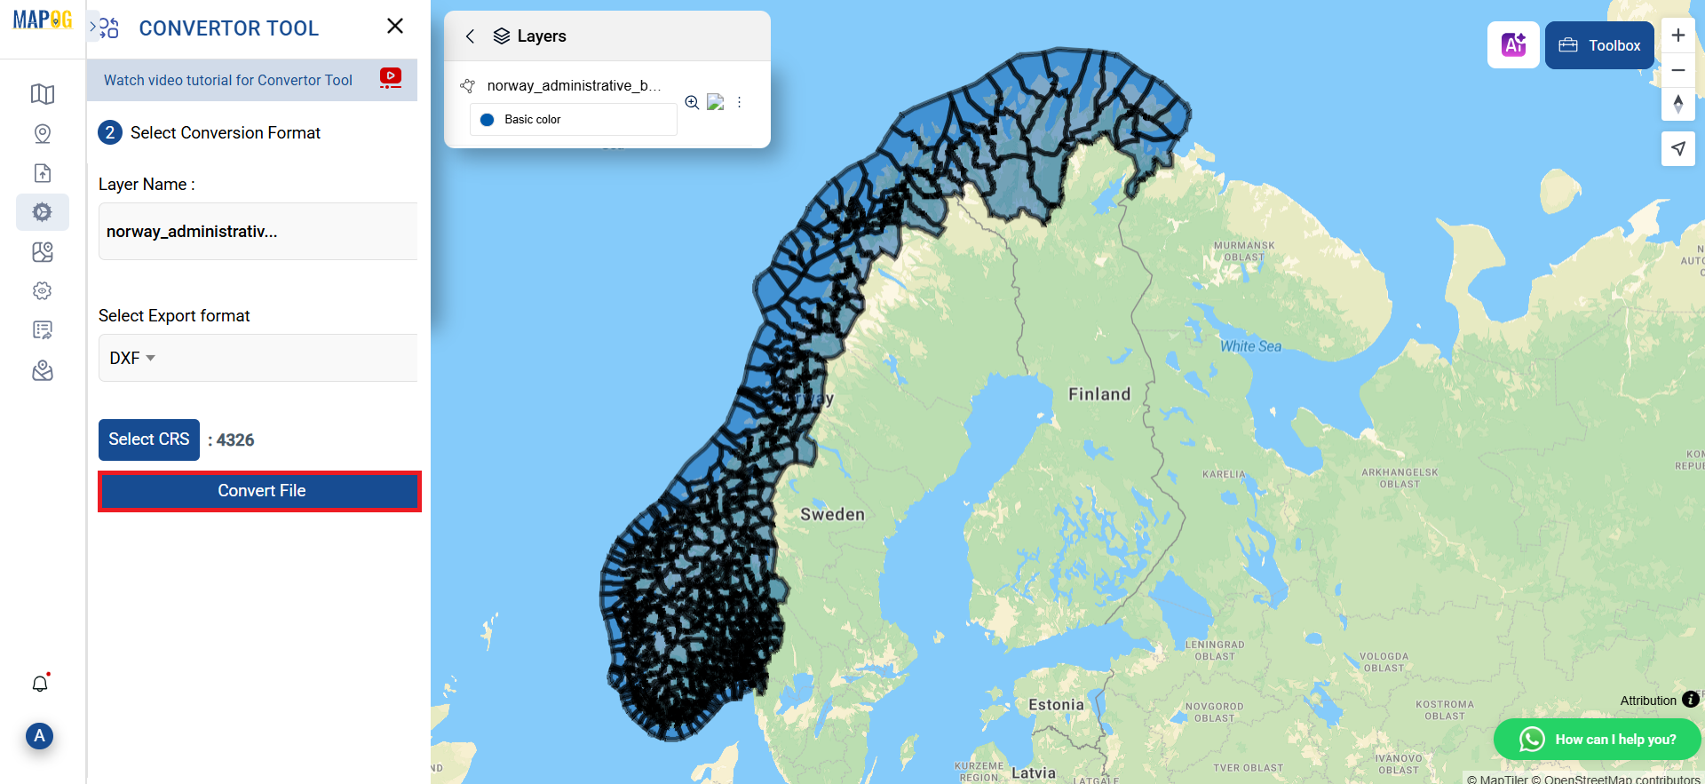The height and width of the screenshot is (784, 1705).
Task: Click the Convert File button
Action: [260, 491]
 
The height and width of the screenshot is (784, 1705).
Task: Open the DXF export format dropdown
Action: [132, 358]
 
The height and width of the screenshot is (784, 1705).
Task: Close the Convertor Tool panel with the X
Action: [395, 27]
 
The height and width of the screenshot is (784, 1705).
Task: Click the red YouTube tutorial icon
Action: [390, 77]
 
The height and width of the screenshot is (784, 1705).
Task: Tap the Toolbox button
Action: [1599, 45]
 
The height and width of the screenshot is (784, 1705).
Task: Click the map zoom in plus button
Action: [1677, 36]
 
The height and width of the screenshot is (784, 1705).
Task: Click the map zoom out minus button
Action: [1677, 70]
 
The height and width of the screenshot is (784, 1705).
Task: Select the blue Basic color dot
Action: [487, 120]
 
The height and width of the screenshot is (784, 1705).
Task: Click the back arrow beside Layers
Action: [471, 36]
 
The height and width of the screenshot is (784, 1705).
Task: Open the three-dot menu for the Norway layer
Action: [739, 102]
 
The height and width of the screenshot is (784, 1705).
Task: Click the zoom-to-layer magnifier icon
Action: [692, 102]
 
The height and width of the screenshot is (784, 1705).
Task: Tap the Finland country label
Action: [1099, 394]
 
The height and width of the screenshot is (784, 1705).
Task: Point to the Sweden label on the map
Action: [832, 514]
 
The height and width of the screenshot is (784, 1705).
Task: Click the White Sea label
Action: [1250, 346]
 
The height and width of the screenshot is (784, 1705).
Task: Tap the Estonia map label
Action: [1056, 704]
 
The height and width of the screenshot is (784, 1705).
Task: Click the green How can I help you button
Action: [1597, 739]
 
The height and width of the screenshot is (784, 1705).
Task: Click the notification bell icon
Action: [40, 684]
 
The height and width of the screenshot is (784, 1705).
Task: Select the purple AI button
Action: [1513, 44]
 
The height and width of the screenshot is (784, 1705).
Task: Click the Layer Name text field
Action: [258, 232]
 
